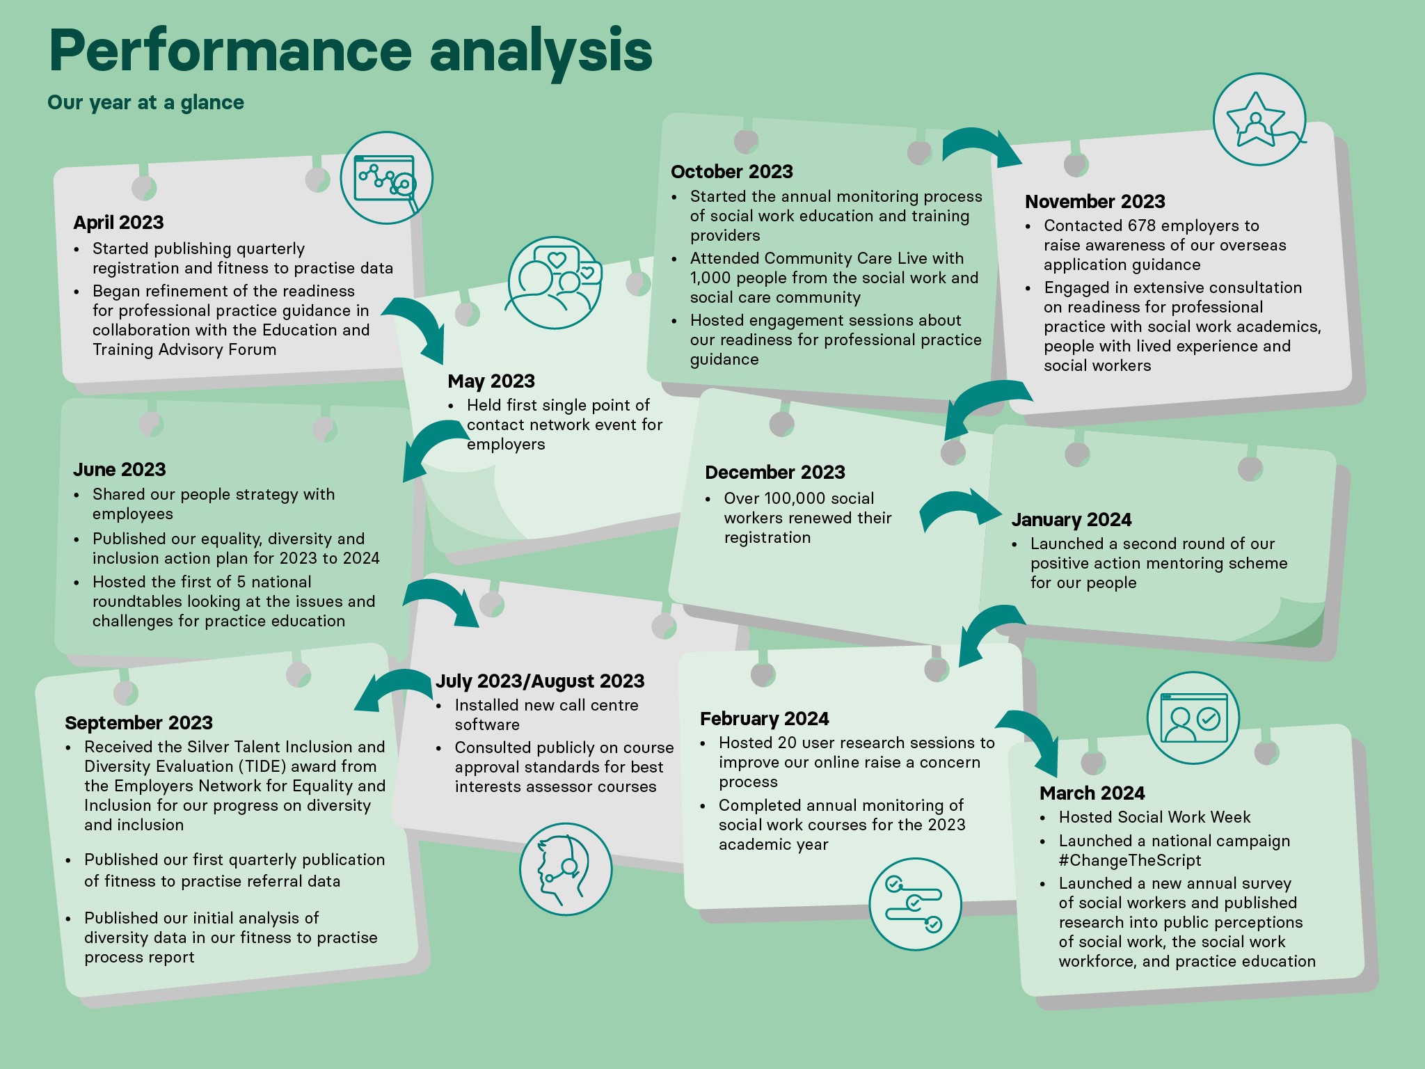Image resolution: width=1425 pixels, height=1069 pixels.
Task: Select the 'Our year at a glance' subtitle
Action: (x=145, y=103)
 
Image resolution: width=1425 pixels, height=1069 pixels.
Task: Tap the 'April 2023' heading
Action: (x=118, y=223)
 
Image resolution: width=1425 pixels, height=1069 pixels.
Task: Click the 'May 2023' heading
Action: (x=491, y=381)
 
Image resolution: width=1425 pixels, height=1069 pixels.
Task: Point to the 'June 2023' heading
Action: (x=120, y=470)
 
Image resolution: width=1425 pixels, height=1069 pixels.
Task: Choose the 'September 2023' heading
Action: (x=138, y=723)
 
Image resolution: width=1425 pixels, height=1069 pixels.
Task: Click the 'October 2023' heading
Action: (x=732, y=172)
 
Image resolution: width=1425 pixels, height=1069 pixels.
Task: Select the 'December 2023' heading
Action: (x=775, y=473)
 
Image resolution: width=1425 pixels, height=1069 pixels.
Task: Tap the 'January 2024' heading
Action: (x=1072, y=520)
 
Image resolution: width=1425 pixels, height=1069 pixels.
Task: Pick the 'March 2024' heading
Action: (x=1092, y=793)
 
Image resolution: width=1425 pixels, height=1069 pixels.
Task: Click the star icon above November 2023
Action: (x=1259, y=119)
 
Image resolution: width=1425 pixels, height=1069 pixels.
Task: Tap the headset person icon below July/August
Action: (x=566, y=869)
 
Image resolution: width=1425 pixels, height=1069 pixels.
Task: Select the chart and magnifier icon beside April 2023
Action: (x=387, y=178)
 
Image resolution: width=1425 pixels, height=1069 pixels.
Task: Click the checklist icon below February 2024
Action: (x=915, y=904)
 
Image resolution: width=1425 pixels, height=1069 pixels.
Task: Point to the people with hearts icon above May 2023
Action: (x=555, y=283)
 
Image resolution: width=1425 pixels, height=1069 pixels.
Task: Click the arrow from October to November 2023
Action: (x=982, y=143)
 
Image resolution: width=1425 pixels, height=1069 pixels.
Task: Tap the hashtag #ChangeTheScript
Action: (x=1130, y=860)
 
